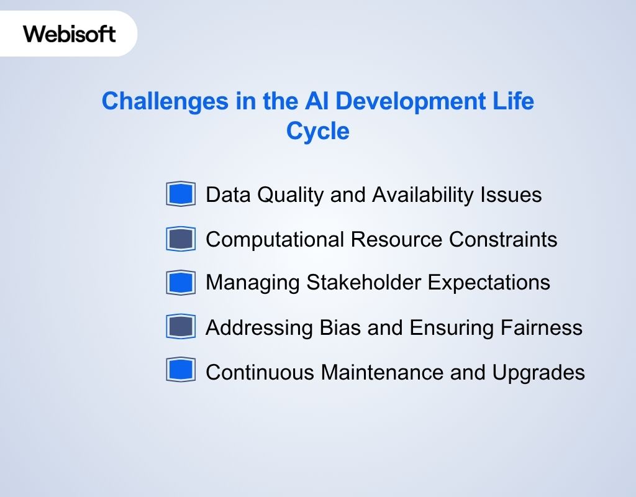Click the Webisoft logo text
click(70, 33)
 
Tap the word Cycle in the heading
click(317, 132)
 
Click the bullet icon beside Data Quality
click(181, 194)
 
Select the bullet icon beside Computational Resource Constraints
click(181, 239)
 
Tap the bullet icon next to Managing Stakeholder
click(181, 283)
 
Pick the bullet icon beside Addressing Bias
click(181, 327)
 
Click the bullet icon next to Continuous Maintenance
click(181, 371)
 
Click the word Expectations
click(489, 283)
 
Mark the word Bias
click(341, 327)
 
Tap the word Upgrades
click(538, 372)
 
